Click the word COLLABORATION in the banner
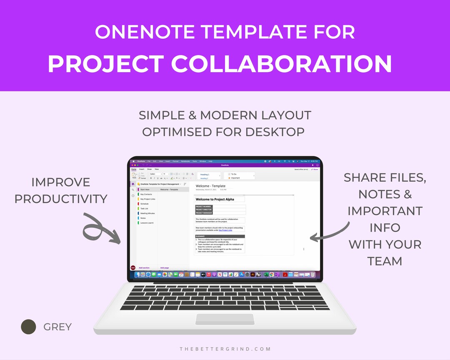281,64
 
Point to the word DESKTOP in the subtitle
275,132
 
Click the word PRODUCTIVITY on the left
61,199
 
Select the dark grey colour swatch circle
29,327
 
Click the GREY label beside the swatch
57,327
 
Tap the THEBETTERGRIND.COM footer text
225,349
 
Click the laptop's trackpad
225,319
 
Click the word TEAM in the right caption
385,261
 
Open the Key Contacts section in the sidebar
146,194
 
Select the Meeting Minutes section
147,213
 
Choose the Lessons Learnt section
147,223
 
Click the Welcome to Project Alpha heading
215,200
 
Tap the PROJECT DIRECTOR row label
204,210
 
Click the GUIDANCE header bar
220,236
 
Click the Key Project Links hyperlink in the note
225,230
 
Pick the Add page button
165,267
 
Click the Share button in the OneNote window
315,170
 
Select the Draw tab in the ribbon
149,169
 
